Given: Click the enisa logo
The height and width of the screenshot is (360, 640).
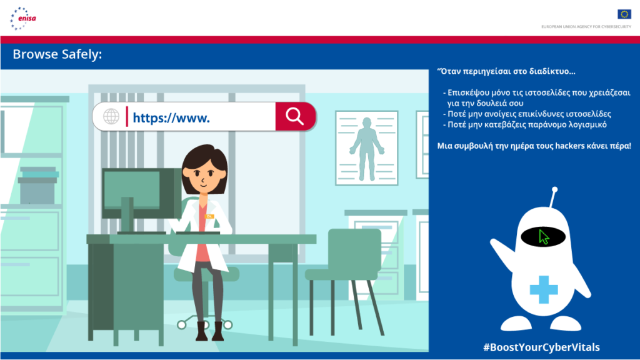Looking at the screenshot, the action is pyautogui.click(x=23, y=18).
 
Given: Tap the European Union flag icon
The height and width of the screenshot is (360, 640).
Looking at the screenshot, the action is pyautogui.click(x=624, y=14).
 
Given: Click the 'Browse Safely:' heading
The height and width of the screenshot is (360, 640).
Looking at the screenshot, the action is pyautogui.click(x=57, y=54).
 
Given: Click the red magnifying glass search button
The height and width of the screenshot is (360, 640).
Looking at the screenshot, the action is pyautogui.click(x=296, y=116).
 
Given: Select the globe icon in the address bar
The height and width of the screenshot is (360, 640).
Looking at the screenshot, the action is pyautogui.click(x=111, y=116).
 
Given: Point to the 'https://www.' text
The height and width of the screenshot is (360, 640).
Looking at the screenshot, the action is pyautogui.click(x=171, y=117).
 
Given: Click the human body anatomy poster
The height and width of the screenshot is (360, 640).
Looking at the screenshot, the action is pyautogui.click(x=366, y=147).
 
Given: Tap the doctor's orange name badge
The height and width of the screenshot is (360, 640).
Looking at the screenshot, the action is pyautogui.click(x=209, y=216).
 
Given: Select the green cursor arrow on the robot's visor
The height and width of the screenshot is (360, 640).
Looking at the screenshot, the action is pyautogui.click(x=544, y=237).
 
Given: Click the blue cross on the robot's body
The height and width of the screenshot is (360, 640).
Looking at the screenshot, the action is pyautogui.click(x=544, y=289).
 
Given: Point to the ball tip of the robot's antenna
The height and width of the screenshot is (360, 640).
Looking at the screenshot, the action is pyautogui.click(x=555, y=189).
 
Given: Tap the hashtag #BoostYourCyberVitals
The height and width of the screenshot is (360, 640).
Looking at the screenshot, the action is pyautogui.click(x=541, y=347).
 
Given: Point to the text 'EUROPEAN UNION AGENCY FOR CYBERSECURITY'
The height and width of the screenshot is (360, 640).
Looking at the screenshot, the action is pyautogui.click(x=586, y=27).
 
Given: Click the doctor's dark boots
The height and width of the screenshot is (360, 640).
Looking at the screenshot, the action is pyautogui.click(x=210, y=331).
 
